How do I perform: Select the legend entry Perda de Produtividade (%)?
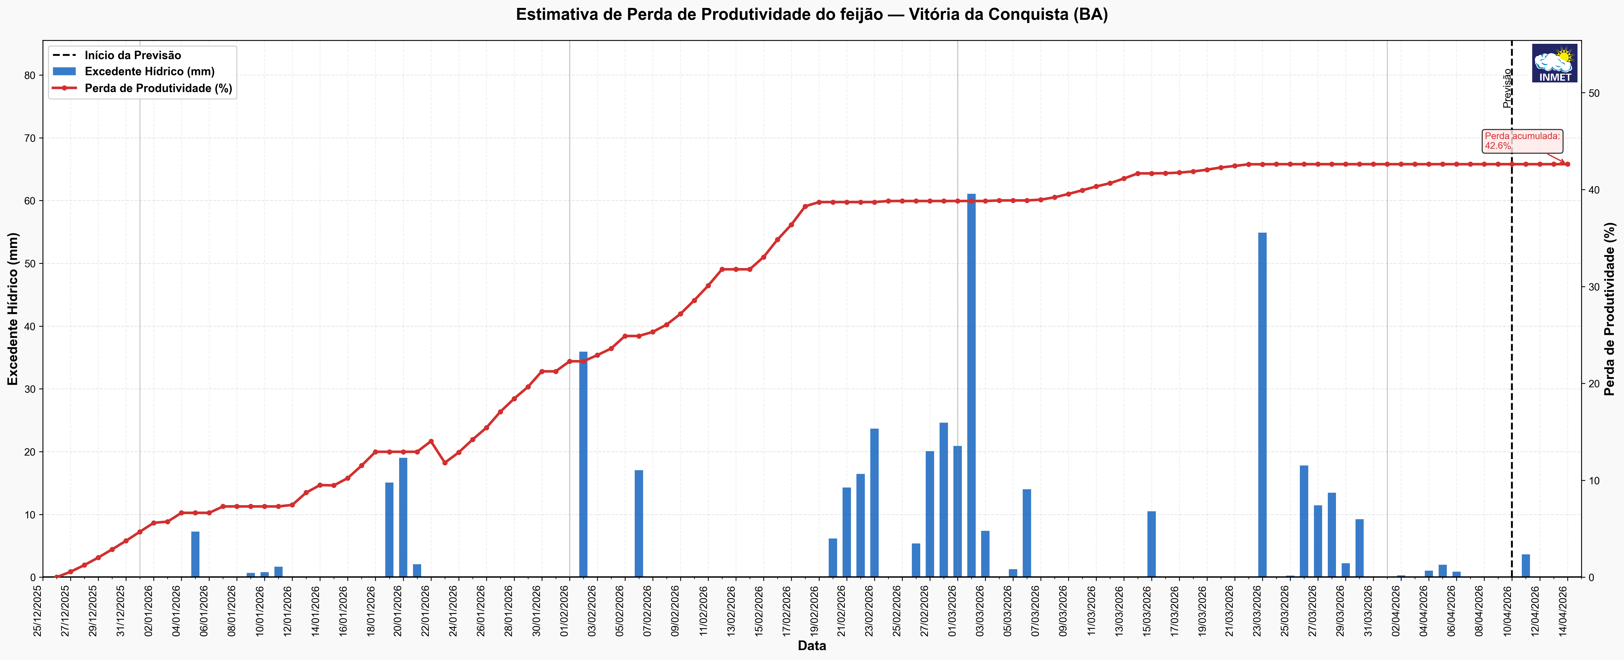(x=158, y=88)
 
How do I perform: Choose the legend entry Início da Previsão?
(x=132, y=55)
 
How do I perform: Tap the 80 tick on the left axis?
(x=30, y=75)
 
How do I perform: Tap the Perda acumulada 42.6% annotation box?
(x=1522, y=141)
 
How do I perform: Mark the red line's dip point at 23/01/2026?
(x=444, y=463)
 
